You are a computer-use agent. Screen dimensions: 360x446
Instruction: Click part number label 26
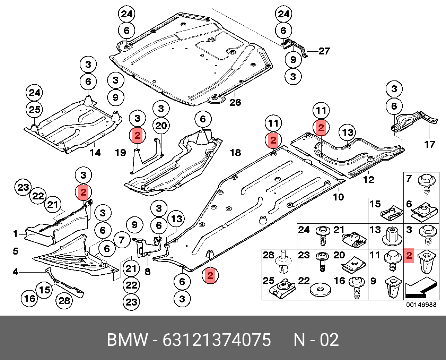pyautogui.click(x=235, y=102)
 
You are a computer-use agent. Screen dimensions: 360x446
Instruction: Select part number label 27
pyautogui.click(x=324, y=51)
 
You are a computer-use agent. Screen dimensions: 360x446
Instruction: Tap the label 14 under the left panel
pyautogui.click(x=95, y=152)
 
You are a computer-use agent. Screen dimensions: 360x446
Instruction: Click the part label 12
pyautogui.click(x=369, y=179)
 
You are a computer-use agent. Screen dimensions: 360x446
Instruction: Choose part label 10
pyautogui.click(x=338, y=197)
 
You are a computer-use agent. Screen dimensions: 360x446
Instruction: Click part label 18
pyautogui.click(x=235, y=152)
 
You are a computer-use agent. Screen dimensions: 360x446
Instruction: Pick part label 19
pyautogui.click(x=120, y=152)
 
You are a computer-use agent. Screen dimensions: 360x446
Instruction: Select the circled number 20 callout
pyautogui.click(x=161, y=126)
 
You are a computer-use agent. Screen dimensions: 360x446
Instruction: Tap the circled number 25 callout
pyautogui.click(x=35, y=110)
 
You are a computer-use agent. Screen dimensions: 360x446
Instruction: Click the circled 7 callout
pyautogui.click(x=121, y=240)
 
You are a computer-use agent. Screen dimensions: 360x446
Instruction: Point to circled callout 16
pyautogui.click(x=30, y=298)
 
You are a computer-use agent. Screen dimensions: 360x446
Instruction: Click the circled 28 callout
pyautogui.click(x=64, y=300)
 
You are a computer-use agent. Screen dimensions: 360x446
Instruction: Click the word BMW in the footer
pyautogui.click(x=127, y=340)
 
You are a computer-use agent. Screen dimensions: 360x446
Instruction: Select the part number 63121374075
pyautogui.click(x=217, y=340)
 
